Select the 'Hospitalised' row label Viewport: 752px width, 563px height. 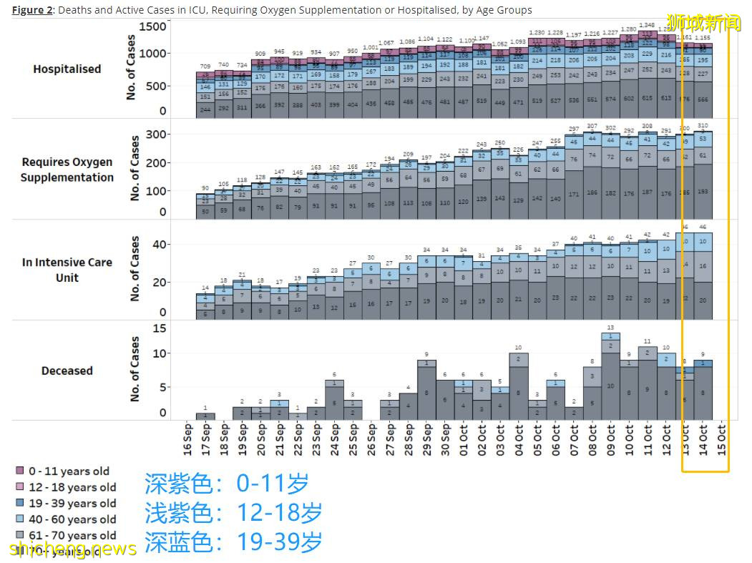(67, 69)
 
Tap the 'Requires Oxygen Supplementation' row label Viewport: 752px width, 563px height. (67, 170)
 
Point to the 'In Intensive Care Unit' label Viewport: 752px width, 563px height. (67, 270)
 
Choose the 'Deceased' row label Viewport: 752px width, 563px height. (67, 371)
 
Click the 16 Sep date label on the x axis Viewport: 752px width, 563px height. (187, 439)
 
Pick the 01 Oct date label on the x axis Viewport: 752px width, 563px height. (464, 439)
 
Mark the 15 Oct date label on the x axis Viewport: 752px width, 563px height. (721, 439)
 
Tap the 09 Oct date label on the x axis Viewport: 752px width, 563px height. (610, 439)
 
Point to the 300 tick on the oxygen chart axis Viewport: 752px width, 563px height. (157, 134)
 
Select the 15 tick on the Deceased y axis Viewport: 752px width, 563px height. (161, 328)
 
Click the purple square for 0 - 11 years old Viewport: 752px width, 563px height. (20, 471)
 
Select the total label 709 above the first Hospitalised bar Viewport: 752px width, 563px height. (206, 66)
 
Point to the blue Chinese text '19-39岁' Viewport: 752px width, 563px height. (279, 542)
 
